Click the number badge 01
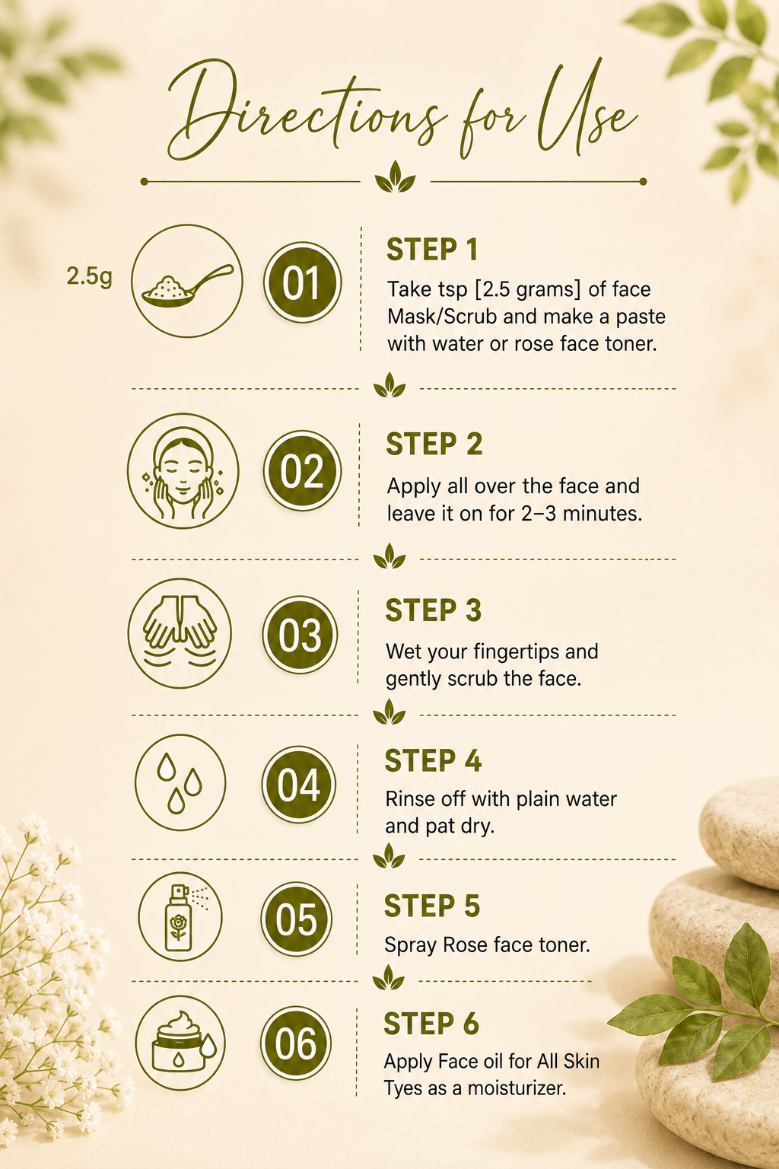(302, 282)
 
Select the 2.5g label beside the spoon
(89, 276)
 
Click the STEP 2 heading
(434, 444)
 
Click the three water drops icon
(180, 782)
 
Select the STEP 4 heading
(433, 761)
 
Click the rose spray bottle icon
(180, 916)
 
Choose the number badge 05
(297, 919)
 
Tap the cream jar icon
(180, 1043)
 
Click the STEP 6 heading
(431, 1024)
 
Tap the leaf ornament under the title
(395, 177)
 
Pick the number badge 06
(296, 1043)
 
